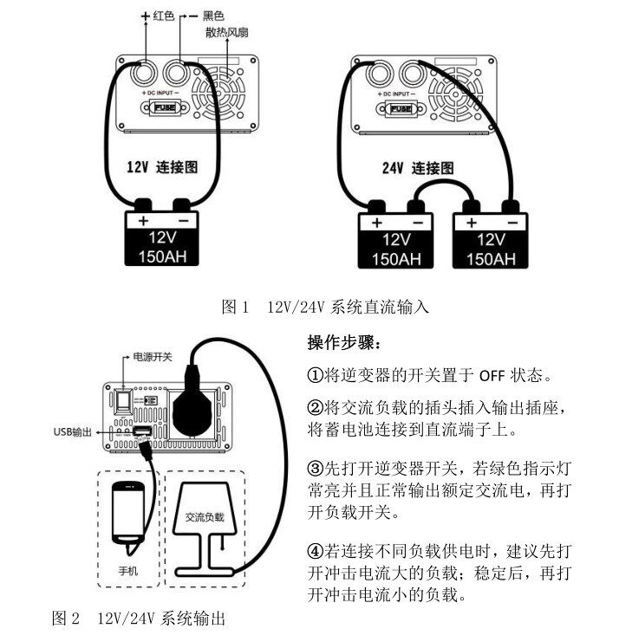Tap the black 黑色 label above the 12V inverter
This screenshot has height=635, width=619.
point(213,16)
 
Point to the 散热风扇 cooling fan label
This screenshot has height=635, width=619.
point(227,33)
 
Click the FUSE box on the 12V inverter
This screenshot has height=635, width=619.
point(163,108)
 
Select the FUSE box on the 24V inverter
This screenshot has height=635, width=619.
point(401,108)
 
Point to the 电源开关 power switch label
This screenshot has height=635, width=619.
point(152,356)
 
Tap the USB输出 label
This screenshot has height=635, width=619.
point(71,431)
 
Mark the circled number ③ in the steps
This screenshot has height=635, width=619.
point(315,469)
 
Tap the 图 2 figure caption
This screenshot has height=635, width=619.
point(139,619)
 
